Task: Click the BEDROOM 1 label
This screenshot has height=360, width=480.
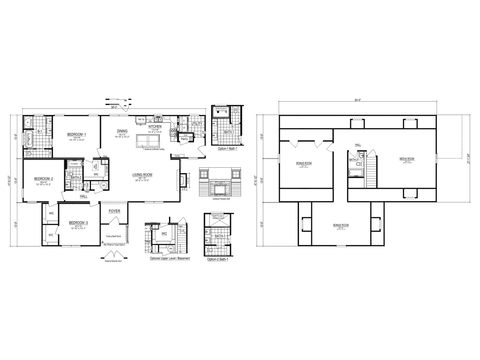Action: [76, 134]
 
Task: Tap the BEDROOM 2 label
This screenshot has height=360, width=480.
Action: [44, 181]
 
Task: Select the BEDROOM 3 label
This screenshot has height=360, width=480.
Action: [79, 222]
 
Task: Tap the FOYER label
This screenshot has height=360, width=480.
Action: [115, 211]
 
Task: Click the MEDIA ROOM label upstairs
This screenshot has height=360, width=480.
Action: [406, 161]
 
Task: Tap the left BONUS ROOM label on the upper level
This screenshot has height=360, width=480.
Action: [304, 163]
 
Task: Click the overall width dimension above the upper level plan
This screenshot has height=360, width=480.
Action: [357, 98]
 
